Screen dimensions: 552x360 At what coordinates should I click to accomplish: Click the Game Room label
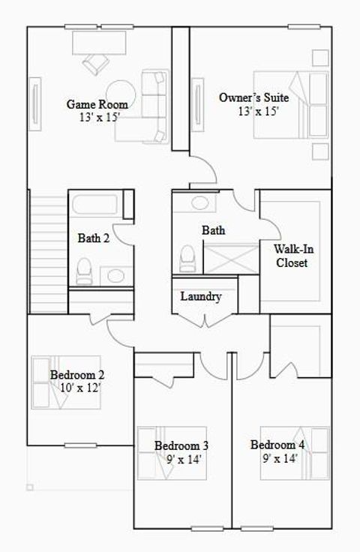(x=97, y=104)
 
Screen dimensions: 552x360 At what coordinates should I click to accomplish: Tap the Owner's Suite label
(x=253, y=97)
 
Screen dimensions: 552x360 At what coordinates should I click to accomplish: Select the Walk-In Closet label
(x=291, y=256)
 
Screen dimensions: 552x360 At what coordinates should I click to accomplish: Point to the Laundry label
(x=201, y=297)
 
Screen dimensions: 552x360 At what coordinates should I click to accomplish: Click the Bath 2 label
(x=94, y=238)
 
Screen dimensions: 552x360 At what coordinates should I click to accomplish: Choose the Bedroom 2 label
(x=76, y=375)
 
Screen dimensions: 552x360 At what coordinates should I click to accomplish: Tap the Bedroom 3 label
(x=181, y=446)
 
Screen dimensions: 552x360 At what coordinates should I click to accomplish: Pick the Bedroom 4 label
(x=277, y=445)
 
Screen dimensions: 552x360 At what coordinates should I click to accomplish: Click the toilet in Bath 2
(x=84, y=269)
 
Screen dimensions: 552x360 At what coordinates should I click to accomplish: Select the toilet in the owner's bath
(x=187, y=258)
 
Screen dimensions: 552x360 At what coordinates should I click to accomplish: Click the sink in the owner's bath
(x=199, y=202)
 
